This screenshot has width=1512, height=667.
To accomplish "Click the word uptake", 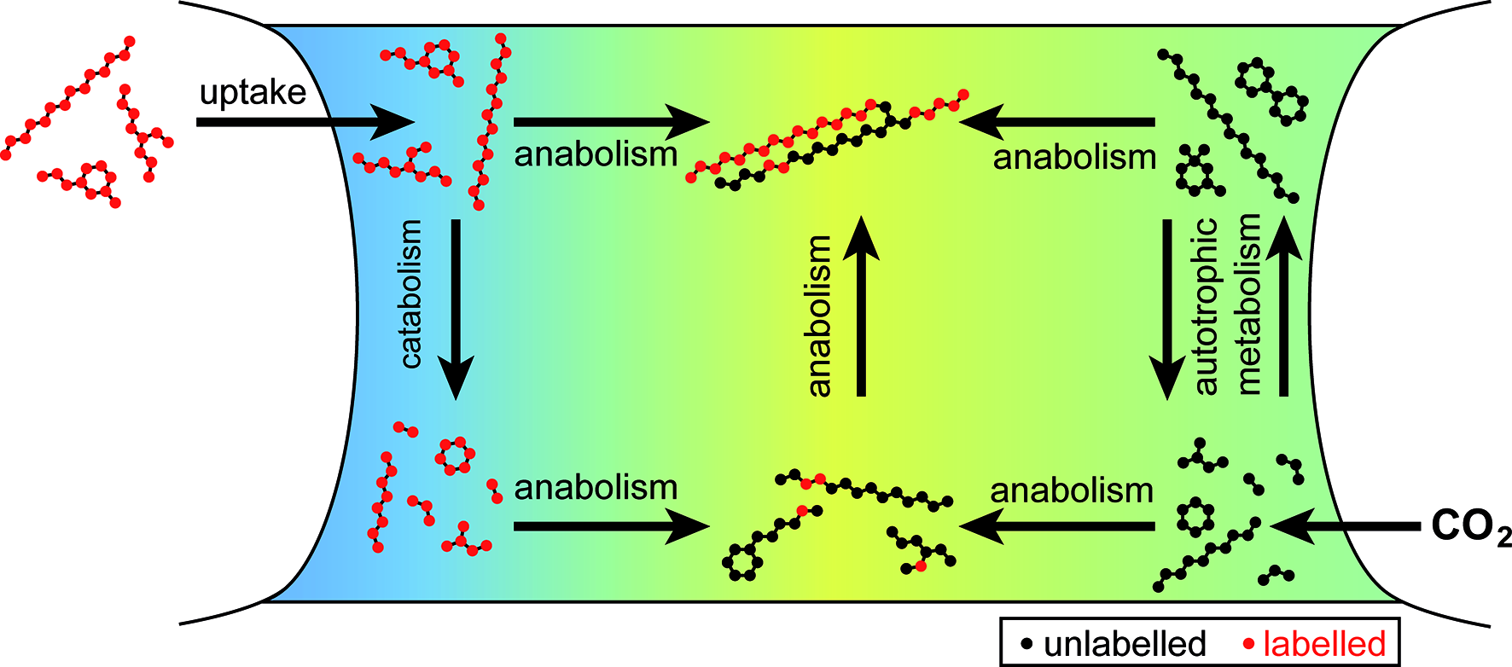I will click(253, 92).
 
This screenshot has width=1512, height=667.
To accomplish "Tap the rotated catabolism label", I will click(410, 294).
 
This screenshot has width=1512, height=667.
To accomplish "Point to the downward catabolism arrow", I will click(456, 307).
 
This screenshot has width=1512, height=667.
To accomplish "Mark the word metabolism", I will click(1247, 304).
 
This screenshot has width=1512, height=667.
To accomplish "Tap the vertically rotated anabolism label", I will click(818, 316).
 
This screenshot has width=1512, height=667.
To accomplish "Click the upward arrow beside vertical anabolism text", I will click(861, 307).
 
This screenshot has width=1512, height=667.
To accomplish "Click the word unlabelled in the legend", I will click(1125, 644).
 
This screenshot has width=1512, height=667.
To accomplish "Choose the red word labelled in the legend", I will click(1324, 644).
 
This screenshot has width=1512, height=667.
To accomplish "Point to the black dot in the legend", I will click(1026, 644).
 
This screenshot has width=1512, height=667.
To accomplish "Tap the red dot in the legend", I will click(1248, 644).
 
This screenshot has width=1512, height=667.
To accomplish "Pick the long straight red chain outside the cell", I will click(68, 98).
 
